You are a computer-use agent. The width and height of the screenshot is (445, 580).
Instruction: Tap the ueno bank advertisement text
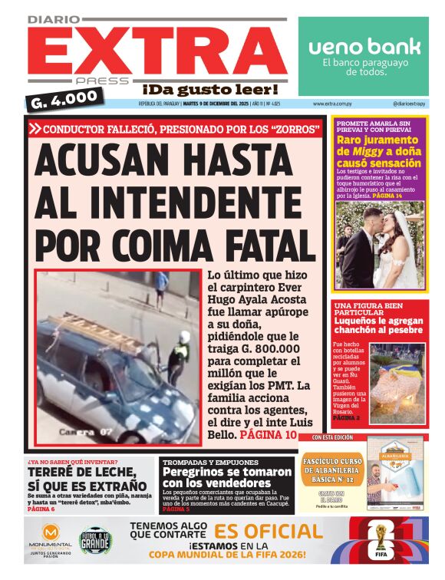coord(364,48)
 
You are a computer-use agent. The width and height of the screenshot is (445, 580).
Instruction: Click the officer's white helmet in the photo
coord(184,337)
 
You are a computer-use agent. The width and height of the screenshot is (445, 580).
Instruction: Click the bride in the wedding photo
coord(402,246)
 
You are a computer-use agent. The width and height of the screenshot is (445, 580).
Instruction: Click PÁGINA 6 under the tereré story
coord(41,509)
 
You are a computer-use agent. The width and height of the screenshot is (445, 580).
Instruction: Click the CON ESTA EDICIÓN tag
coord(332,437)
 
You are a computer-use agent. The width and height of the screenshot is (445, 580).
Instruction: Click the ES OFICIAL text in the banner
coord(268,532)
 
